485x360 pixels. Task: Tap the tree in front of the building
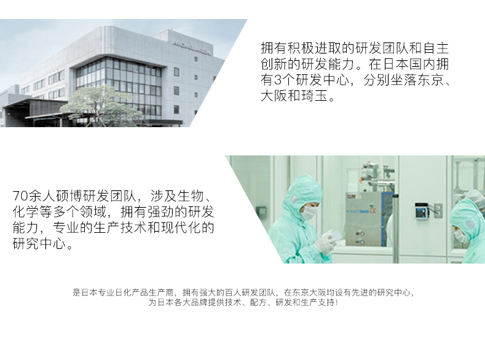101,106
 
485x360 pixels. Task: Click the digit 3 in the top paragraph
277,80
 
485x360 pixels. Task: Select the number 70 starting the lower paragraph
20,196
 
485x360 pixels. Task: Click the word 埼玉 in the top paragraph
315,96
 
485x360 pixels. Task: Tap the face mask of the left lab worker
310,213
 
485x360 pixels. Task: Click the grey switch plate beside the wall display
438,211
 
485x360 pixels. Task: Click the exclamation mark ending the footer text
336,302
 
